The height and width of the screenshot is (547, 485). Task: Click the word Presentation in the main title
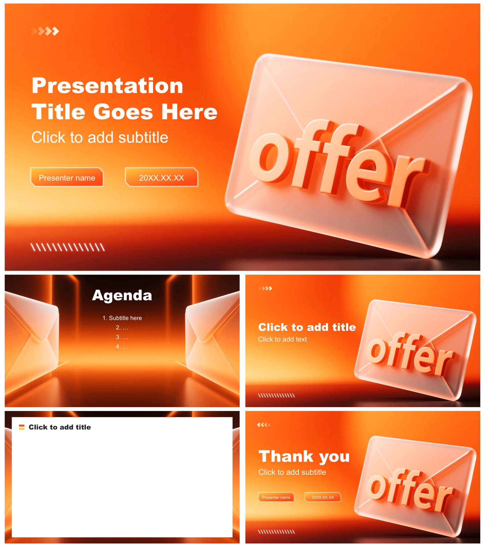pos(107,86)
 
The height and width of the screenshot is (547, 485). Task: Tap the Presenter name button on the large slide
pos(67,177)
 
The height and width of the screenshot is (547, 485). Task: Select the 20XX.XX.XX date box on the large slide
pos(161,177)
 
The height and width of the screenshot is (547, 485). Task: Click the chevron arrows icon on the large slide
pos(45,31)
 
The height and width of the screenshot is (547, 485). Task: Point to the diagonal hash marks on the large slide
pos(67,247)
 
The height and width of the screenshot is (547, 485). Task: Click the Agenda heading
pos(122,295)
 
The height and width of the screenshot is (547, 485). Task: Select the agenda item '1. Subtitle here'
pos(122,318)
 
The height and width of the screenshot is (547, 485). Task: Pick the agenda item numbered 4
pos(122,347)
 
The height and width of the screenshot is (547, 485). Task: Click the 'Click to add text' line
pos(282,339)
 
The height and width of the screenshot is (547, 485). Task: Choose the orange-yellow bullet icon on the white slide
pos(22,427)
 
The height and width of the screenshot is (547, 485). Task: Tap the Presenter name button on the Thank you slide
pos(276,497)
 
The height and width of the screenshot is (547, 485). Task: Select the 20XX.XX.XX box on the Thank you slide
pos(323,497)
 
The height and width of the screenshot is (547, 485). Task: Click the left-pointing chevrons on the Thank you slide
pos(264,425)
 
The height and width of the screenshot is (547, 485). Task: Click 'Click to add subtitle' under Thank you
pos(292,472)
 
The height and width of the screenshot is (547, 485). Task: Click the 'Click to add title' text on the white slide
pos(60,427)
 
